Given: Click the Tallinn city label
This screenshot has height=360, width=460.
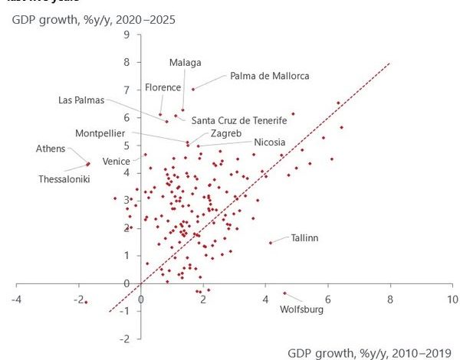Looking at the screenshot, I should [x=304, y=238].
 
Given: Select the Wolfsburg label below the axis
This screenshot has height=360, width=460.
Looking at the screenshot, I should [x=302, y=309].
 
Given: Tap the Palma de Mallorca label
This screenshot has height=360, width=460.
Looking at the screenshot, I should [x=270, y=76].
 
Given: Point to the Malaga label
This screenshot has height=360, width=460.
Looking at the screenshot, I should [x=185, y=61].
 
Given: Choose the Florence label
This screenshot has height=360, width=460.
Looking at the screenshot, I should [x=163, y=87].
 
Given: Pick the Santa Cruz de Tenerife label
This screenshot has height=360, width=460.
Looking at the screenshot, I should [x=238, y=120].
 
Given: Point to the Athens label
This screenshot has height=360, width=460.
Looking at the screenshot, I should [x=51, y=149].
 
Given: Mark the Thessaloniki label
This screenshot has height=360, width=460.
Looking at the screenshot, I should [x=64, y=178].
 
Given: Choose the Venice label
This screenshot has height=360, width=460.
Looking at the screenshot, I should [x=117, y=161].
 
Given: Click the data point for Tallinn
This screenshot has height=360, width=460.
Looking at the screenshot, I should [x=270, y=243].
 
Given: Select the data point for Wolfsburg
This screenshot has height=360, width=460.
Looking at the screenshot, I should [x=284, y=293].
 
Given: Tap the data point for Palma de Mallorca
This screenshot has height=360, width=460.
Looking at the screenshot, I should [x=192, y=89].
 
